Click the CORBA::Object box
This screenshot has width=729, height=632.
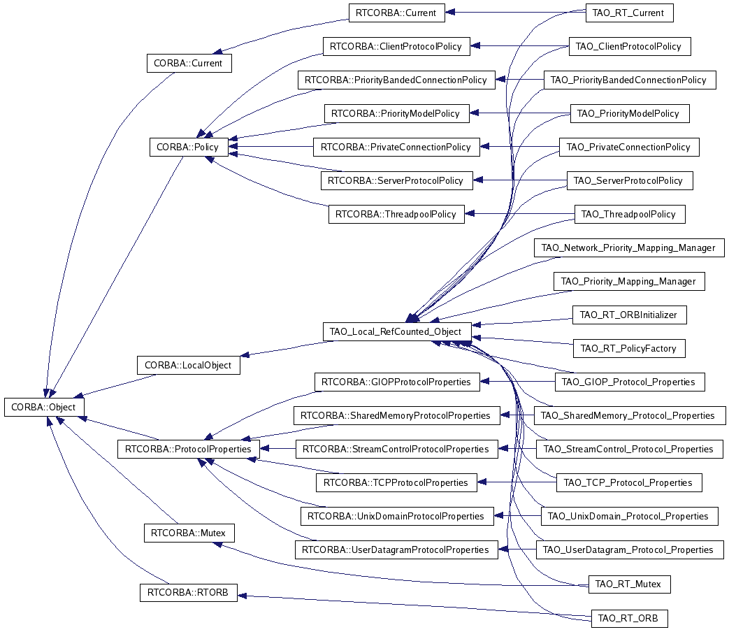[44, 407]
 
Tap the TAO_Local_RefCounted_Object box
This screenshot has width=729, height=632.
[397, 331]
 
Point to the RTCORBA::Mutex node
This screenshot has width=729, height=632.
[189, 533]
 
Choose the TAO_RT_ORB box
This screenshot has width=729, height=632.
[630, 618]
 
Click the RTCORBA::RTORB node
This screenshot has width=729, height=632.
[188, 592]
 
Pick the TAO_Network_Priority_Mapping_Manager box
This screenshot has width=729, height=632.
[629, 247]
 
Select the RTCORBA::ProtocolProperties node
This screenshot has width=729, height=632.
[188, 449]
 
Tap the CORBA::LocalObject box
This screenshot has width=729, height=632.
[188, 365]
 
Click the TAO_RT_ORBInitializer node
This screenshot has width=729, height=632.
[630, 315]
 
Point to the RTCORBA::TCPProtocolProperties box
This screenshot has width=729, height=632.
[396, 482]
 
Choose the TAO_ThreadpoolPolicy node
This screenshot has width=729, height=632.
[630, 214]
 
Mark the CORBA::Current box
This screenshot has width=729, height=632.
[189, 63]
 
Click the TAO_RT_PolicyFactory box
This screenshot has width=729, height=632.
[630, 348]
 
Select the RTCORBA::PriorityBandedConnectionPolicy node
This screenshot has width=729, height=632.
[396, 80]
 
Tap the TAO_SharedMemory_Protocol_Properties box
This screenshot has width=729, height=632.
[630, 415]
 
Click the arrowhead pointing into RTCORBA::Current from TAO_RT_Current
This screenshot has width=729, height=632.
[450, 13]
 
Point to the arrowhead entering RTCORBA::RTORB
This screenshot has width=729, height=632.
[243, 595]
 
